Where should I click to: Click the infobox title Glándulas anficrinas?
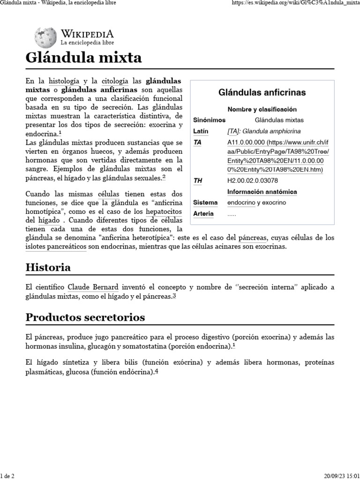tap(262, 92)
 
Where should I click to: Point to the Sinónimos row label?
tap(209, 120)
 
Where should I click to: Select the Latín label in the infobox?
tap(201, 131)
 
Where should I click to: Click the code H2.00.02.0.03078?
tap(253, 180)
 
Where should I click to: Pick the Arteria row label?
tap(203, 214)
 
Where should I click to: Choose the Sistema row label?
tap(205, 202)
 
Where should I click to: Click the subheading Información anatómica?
tap(262, 192)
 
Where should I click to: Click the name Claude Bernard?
tap(93, 286)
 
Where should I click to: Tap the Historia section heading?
tap(48, 268)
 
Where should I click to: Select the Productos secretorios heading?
tap(85, 317)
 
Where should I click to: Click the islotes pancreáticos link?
tap(56, 246)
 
